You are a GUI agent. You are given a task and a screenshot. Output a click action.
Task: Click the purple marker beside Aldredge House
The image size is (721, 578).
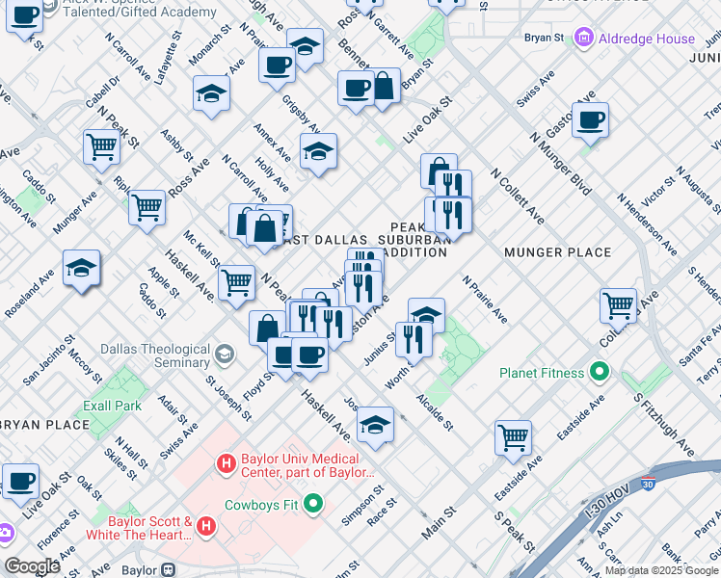point(582,39)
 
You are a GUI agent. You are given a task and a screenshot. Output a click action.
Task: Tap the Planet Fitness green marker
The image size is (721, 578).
point(599,372)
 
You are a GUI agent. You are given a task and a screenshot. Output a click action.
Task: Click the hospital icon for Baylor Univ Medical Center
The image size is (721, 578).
point(226,464)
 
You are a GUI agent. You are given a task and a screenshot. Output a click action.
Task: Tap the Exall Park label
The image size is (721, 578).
point(113,407)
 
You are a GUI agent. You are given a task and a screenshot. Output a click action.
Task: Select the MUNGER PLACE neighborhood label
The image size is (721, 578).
point(557,252)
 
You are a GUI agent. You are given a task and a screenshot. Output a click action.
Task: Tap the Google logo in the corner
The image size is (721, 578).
point(32,566)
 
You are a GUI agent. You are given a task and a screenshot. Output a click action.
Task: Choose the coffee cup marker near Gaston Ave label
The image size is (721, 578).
point(590,120)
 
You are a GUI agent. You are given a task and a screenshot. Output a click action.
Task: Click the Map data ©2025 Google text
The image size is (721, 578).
point(661,569)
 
